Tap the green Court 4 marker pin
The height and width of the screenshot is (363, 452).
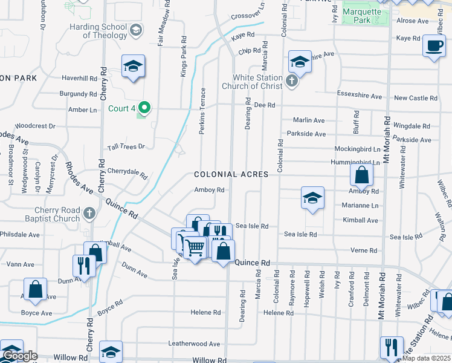click(x=144, y=108)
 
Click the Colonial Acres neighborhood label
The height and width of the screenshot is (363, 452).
click(x=231, y=174)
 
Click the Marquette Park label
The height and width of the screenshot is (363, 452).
click(x=362, y=16)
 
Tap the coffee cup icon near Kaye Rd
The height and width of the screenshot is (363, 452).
click(x=434, y=46)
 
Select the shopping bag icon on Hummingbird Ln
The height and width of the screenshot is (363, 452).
click(x=361, y=175)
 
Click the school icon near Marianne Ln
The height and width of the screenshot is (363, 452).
click(x=312, y=198)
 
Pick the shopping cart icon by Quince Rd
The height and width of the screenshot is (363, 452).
click(x=194, y=247)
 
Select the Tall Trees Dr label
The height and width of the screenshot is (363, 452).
click(x=126, y=146)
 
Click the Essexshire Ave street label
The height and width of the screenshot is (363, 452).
click(x=359, y=96)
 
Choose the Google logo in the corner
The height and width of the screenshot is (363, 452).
click(x=19, y=356)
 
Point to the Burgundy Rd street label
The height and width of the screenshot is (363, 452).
click(x=78, y=94)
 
